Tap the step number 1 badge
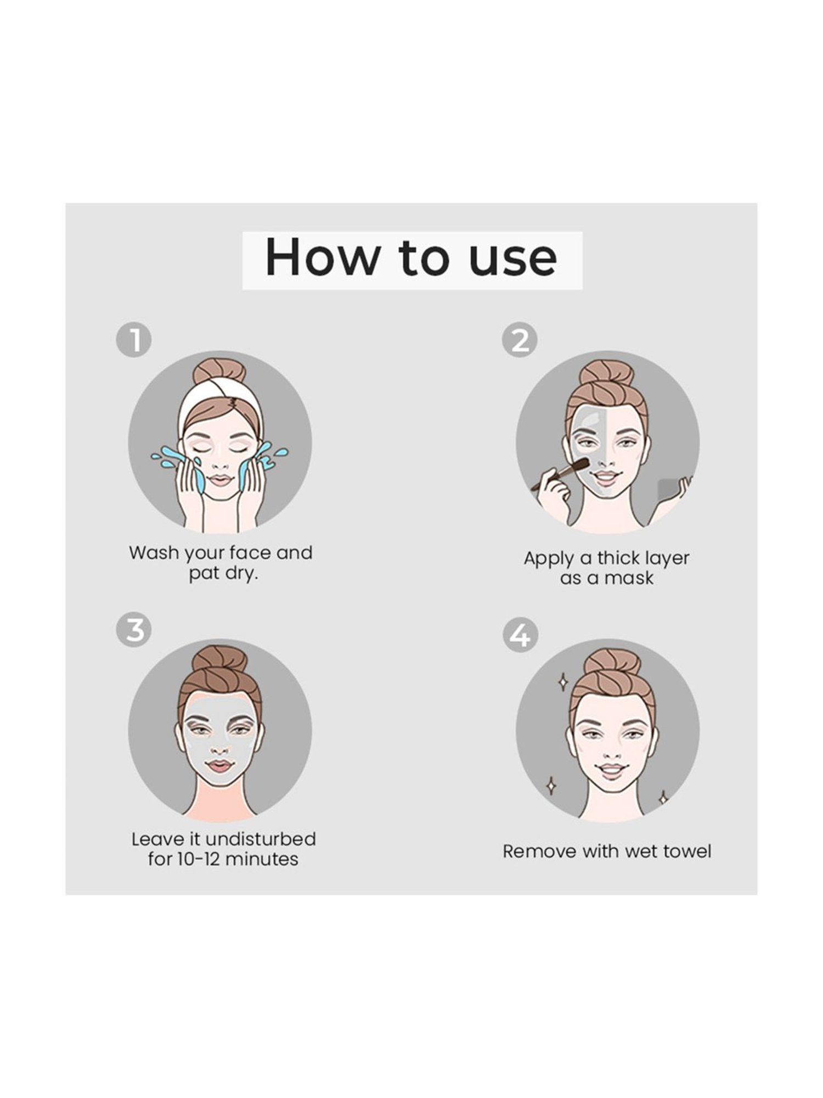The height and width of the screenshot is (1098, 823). [x=133, y=340]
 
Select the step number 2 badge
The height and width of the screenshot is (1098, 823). [x=520, y=340]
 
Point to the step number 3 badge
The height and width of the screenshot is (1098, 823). [x=133, y=630]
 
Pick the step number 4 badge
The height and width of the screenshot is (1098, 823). [x=520, y=635]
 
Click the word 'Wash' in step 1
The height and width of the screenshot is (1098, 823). [x=154, y=552]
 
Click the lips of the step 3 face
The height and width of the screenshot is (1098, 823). [x=219, y=766]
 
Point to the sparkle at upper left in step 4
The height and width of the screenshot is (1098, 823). [x=562, y=682]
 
